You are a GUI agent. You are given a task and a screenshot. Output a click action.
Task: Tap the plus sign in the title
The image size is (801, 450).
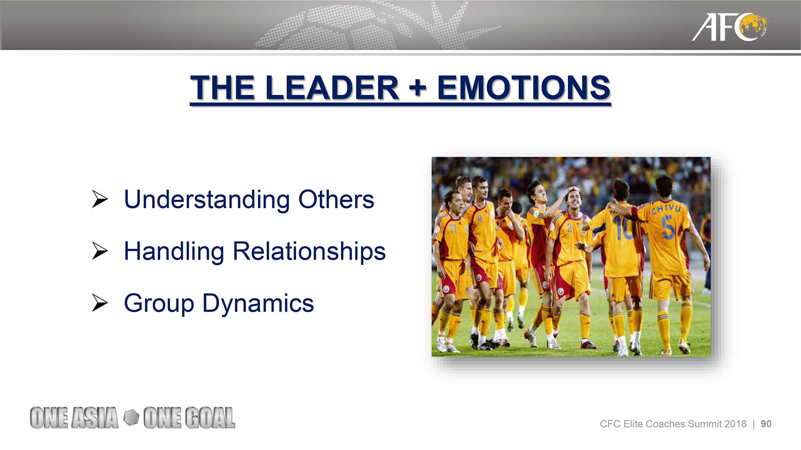(x=418, y=88)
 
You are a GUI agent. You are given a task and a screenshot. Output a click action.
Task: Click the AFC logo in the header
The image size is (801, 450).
(x=729, y=27)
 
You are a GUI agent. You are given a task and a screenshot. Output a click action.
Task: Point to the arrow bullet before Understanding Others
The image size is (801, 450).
(x=100, y=199)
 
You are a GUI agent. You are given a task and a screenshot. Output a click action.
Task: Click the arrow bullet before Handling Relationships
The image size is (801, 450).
(x=100, y=251)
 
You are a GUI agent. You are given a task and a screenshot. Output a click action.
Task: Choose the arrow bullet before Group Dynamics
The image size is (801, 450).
(x=100, y=303)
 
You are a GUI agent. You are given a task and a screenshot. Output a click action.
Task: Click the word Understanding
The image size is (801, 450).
(x=207, y=199)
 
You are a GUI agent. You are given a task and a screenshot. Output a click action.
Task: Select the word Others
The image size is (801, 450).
(x=336, y=199)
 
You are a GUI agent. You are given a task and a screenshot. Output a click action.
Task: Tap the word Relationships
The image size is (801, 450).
(x=309, y=252)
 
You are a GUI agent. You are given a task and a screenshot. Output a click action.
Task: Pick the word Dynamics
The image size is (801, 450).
(x=258, y=303)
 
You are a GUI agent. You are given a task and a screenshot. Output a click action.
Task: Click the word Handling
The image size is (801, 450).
(x=174, y=252)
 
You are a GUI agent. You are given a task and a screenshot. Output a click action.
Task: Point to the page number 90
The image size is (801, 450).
(x=766, y=424)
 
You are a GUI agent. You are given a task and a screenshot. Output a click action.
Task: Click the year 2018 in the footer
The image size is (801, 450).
(x=736, y=424)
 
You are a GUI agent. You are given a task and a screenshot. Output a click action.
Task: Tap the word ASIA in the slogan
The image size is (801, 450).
(x=95, y=418)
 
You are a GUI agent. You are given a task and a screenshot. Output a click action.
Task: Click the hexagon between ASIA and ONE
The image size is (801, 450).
(x=131, y=418)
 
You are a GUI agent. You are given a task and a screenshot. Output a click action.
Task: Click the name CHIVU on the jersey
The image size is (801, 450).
(x=666, y=208)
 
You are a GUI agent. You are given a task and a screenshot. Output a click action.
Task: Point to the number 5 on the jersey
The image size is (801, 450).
(x=668, y=227)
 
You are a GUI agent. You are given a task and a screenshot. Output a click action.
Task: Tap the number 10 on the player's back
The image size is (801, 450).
(x=623, y=228)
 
